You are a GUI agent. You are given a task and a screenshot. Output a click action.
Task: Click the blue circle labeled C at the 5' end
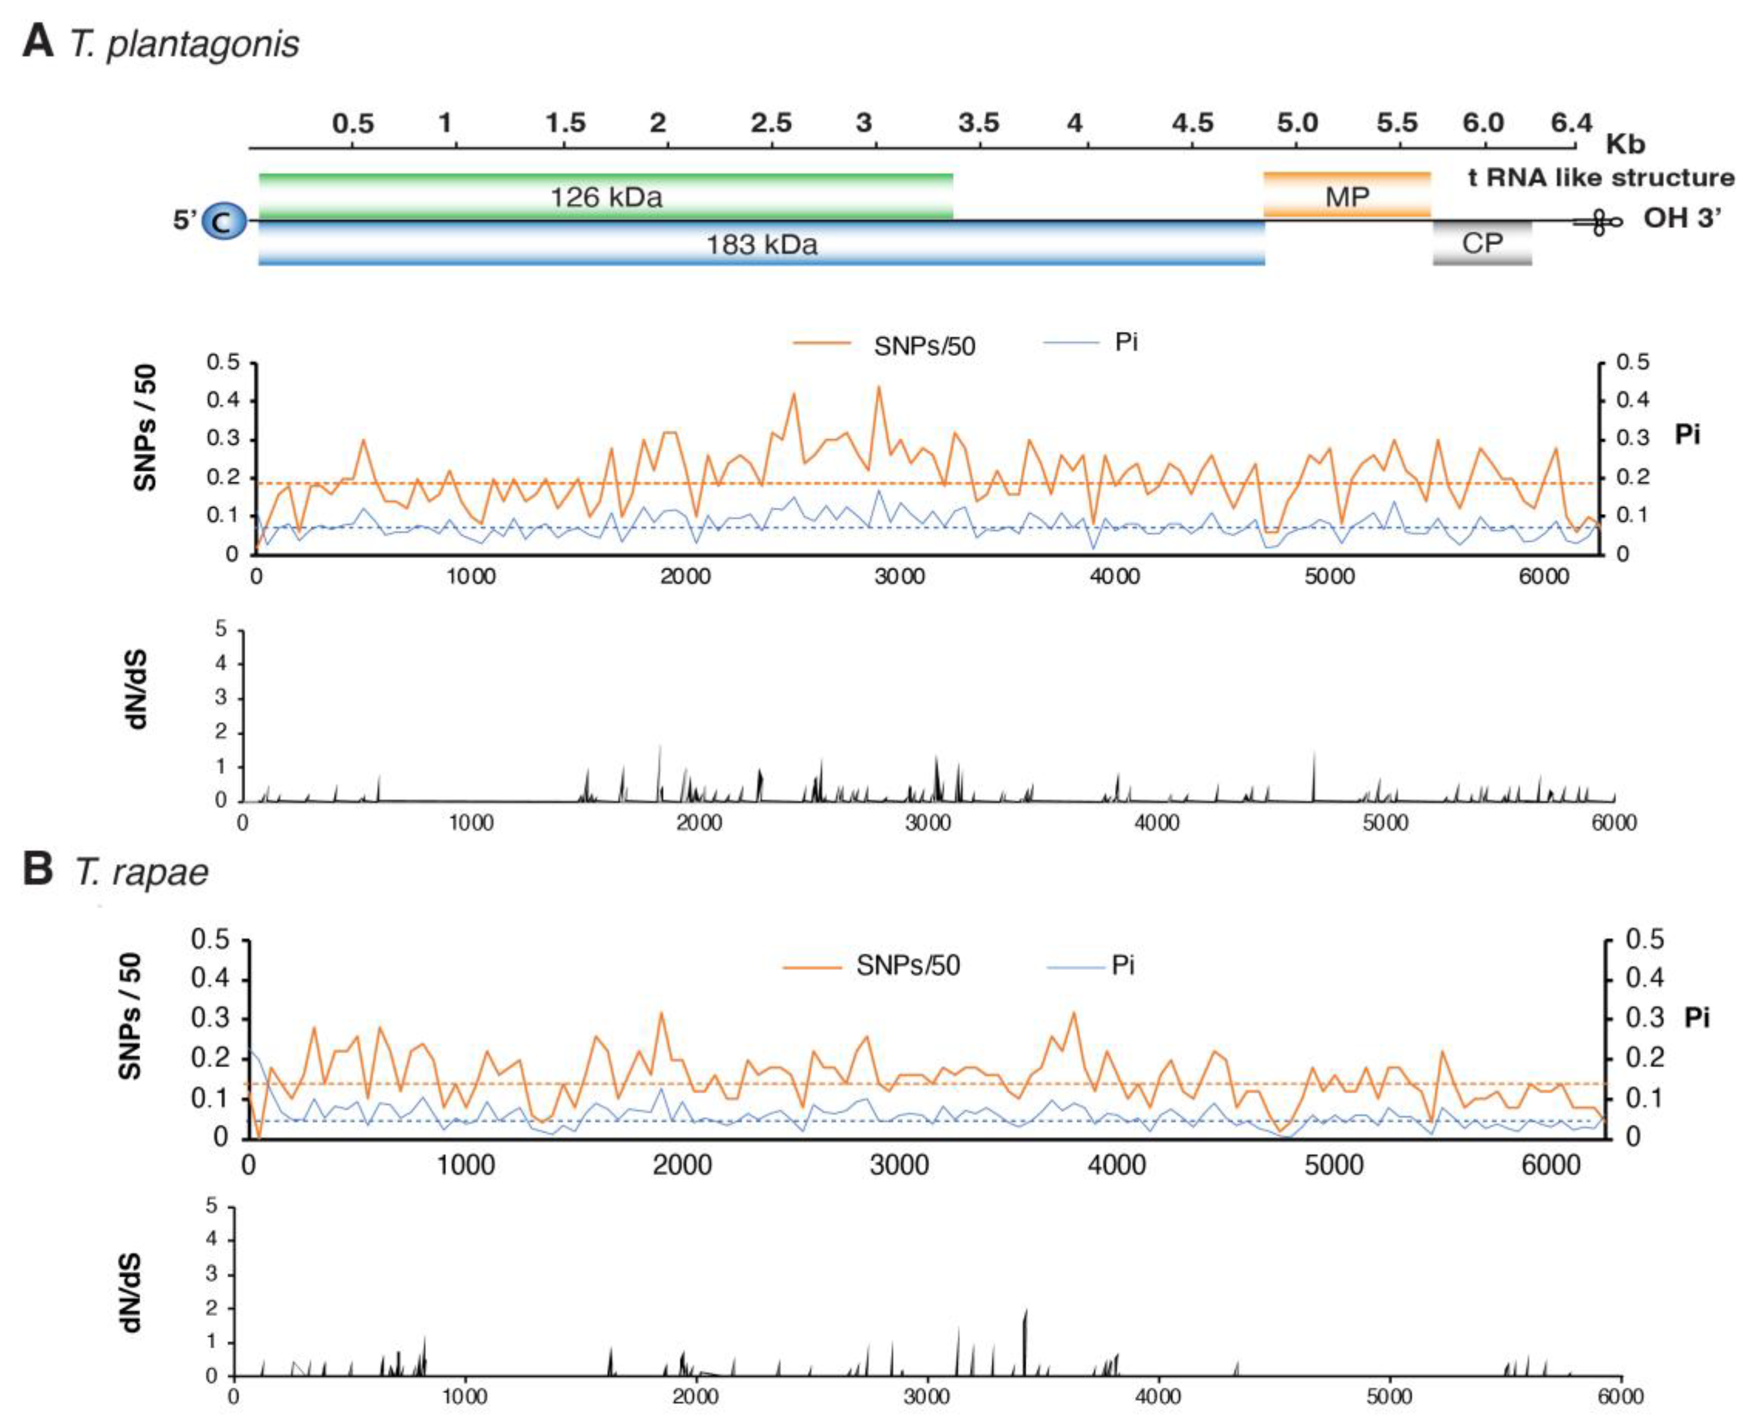pos(223,221)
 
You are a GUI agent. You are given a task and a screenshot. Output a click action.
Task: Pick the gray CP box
pos(1482,243)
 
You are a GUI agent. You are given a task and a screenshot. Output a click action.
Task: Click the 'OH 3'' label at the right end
pos(1681,218)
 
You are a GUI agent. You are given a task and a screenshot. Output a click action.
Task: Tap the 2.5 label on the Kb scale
pos(770,123)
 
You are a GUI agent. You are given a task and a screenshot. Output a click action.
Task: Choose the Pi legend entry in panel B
pos(1122,965)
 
